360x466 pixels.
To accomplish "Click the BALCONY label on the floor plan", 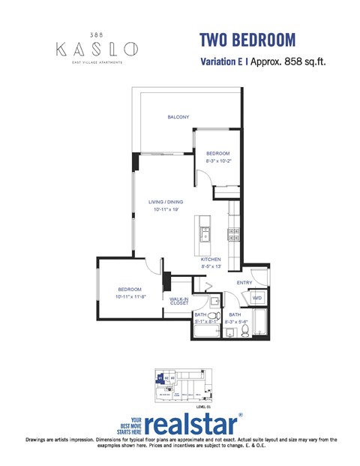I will (x=178, y=117).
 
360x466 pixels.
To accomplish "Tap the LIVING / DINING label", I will (x=166, y=202).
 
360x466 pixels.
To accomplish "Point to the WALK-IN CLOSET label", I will (x=178, y=301).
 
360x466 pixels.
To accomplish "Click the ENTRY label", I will (x=244, y=282).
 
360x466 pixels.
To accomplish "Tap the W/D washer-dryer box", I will (x=257, y=298).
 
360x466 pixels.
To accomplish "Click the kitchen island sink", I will (x=204, y=236).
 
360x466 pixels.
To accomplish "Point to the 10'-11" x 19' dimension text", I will (x=165, y=209).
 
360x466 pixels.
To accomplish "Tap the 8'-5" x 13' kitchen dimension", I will (x=211, y=266).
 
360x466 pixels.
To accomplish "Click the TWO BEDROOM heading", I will (x=247, y=40).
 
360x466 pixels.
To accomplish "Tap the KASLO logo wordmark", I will (x=96, y=50).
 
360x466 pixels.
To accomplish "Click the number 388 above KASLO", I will (x=96, y=35).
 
